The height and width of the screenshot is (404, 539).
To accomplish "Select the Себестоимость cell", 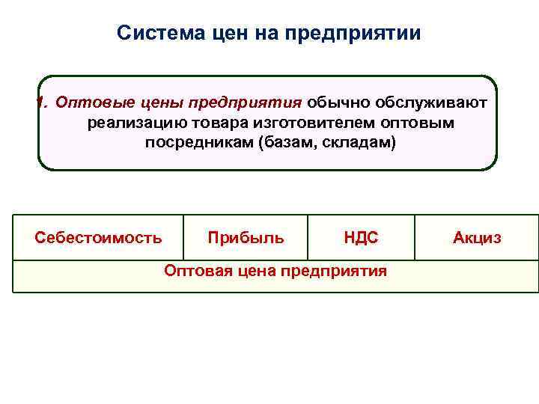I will pyautogui.click(x=98, y=238).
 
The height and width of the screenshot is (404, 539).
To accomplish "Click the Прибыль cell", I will pyautogui.click(x=246, y=238).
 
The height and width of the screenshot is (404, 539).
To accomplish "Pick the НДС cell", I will pyautogui.click(x=361, y=238).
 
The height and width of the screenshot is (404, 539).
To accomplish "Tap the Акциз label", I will pyautogui.click(x=477, y=238).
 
